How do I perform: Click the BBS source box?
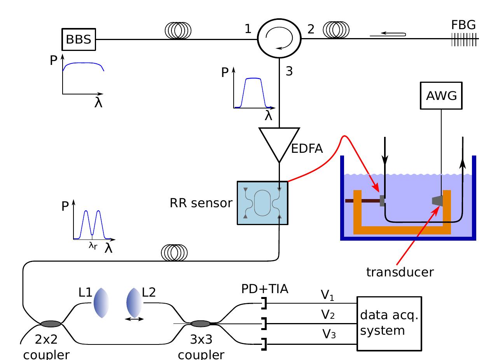79,39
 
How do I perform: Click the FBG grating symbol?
463,39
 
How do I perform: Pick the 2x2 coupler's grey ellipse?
51,323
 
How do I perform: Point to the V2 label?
327,315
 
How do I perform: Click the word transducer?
399,272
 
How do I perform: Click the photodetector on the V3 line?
264,344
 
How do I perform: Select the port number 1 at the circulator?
248,29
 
